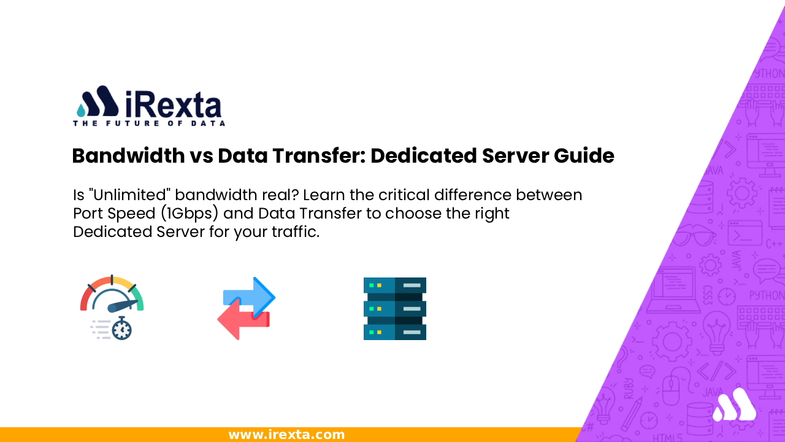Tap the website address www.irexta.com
click(286, 435)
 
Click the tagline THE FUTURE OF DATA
click(149, 123)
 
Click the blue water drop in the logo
click(82, 110)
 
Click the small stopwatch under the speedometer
click(122, 329)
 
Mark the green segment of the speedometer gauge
click(138, 298)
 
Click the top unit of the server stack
click(394, 285)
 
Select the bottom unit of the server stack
click(394, 331)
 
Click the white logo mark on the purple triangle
click(734, 405)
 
